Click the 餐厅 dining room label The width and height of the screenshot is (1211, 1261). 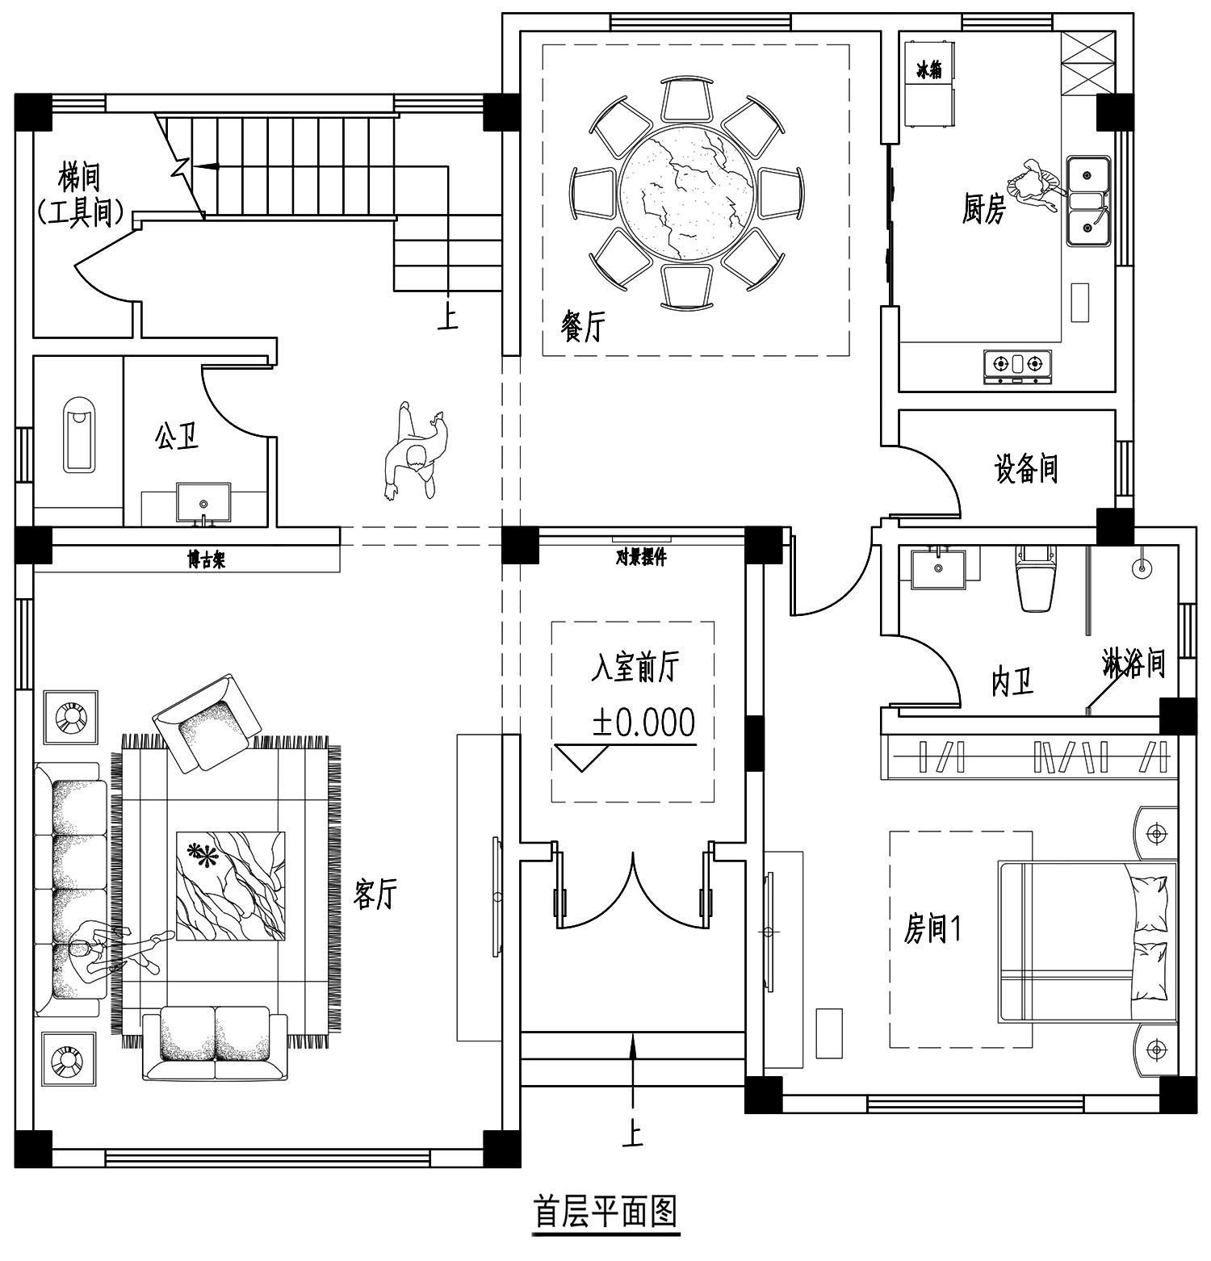click(581, 327)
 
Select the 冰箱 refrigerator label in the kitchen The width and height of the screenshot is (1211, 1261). click(928, 70)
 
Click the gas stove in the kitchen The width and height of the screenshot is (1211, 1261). click(1018, 365)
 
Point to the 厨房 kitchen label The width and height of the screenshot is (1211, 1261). click(984, 209)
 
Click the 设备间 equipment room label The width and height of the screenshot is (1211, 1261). click(1025, 468)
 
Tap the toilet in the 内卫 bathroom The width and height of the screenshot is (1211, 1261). click(1037, 578)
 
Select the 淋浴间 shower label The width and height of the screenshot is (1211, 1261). click(1133, 664)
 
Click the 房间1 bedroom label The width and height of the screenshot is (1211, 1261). click(932, 929)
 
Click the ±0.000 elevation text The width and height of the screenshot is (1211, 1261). click(643, 723)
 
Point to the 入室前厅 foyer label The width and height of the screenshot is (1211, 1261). click(635, 668)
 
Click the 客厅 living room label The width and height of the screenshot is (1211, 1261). click(376, 894)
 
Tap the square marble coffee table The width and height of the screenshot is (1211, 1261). click(231, 886)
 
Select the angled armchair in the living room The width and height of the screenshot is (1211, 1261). click(206, 723)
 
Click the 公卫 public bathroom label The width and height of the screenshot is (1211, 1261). click(177, 437)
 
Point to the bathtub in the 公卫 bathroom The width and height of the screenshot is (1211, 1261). click(80, 434)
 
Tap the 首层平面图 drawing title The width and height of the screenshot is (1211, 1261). click(605, 1211)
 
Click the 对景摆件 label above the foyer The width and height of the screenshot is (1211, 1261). click(641, 557)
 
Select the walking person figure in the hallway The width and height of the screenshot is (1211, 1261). click(416, 453)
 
